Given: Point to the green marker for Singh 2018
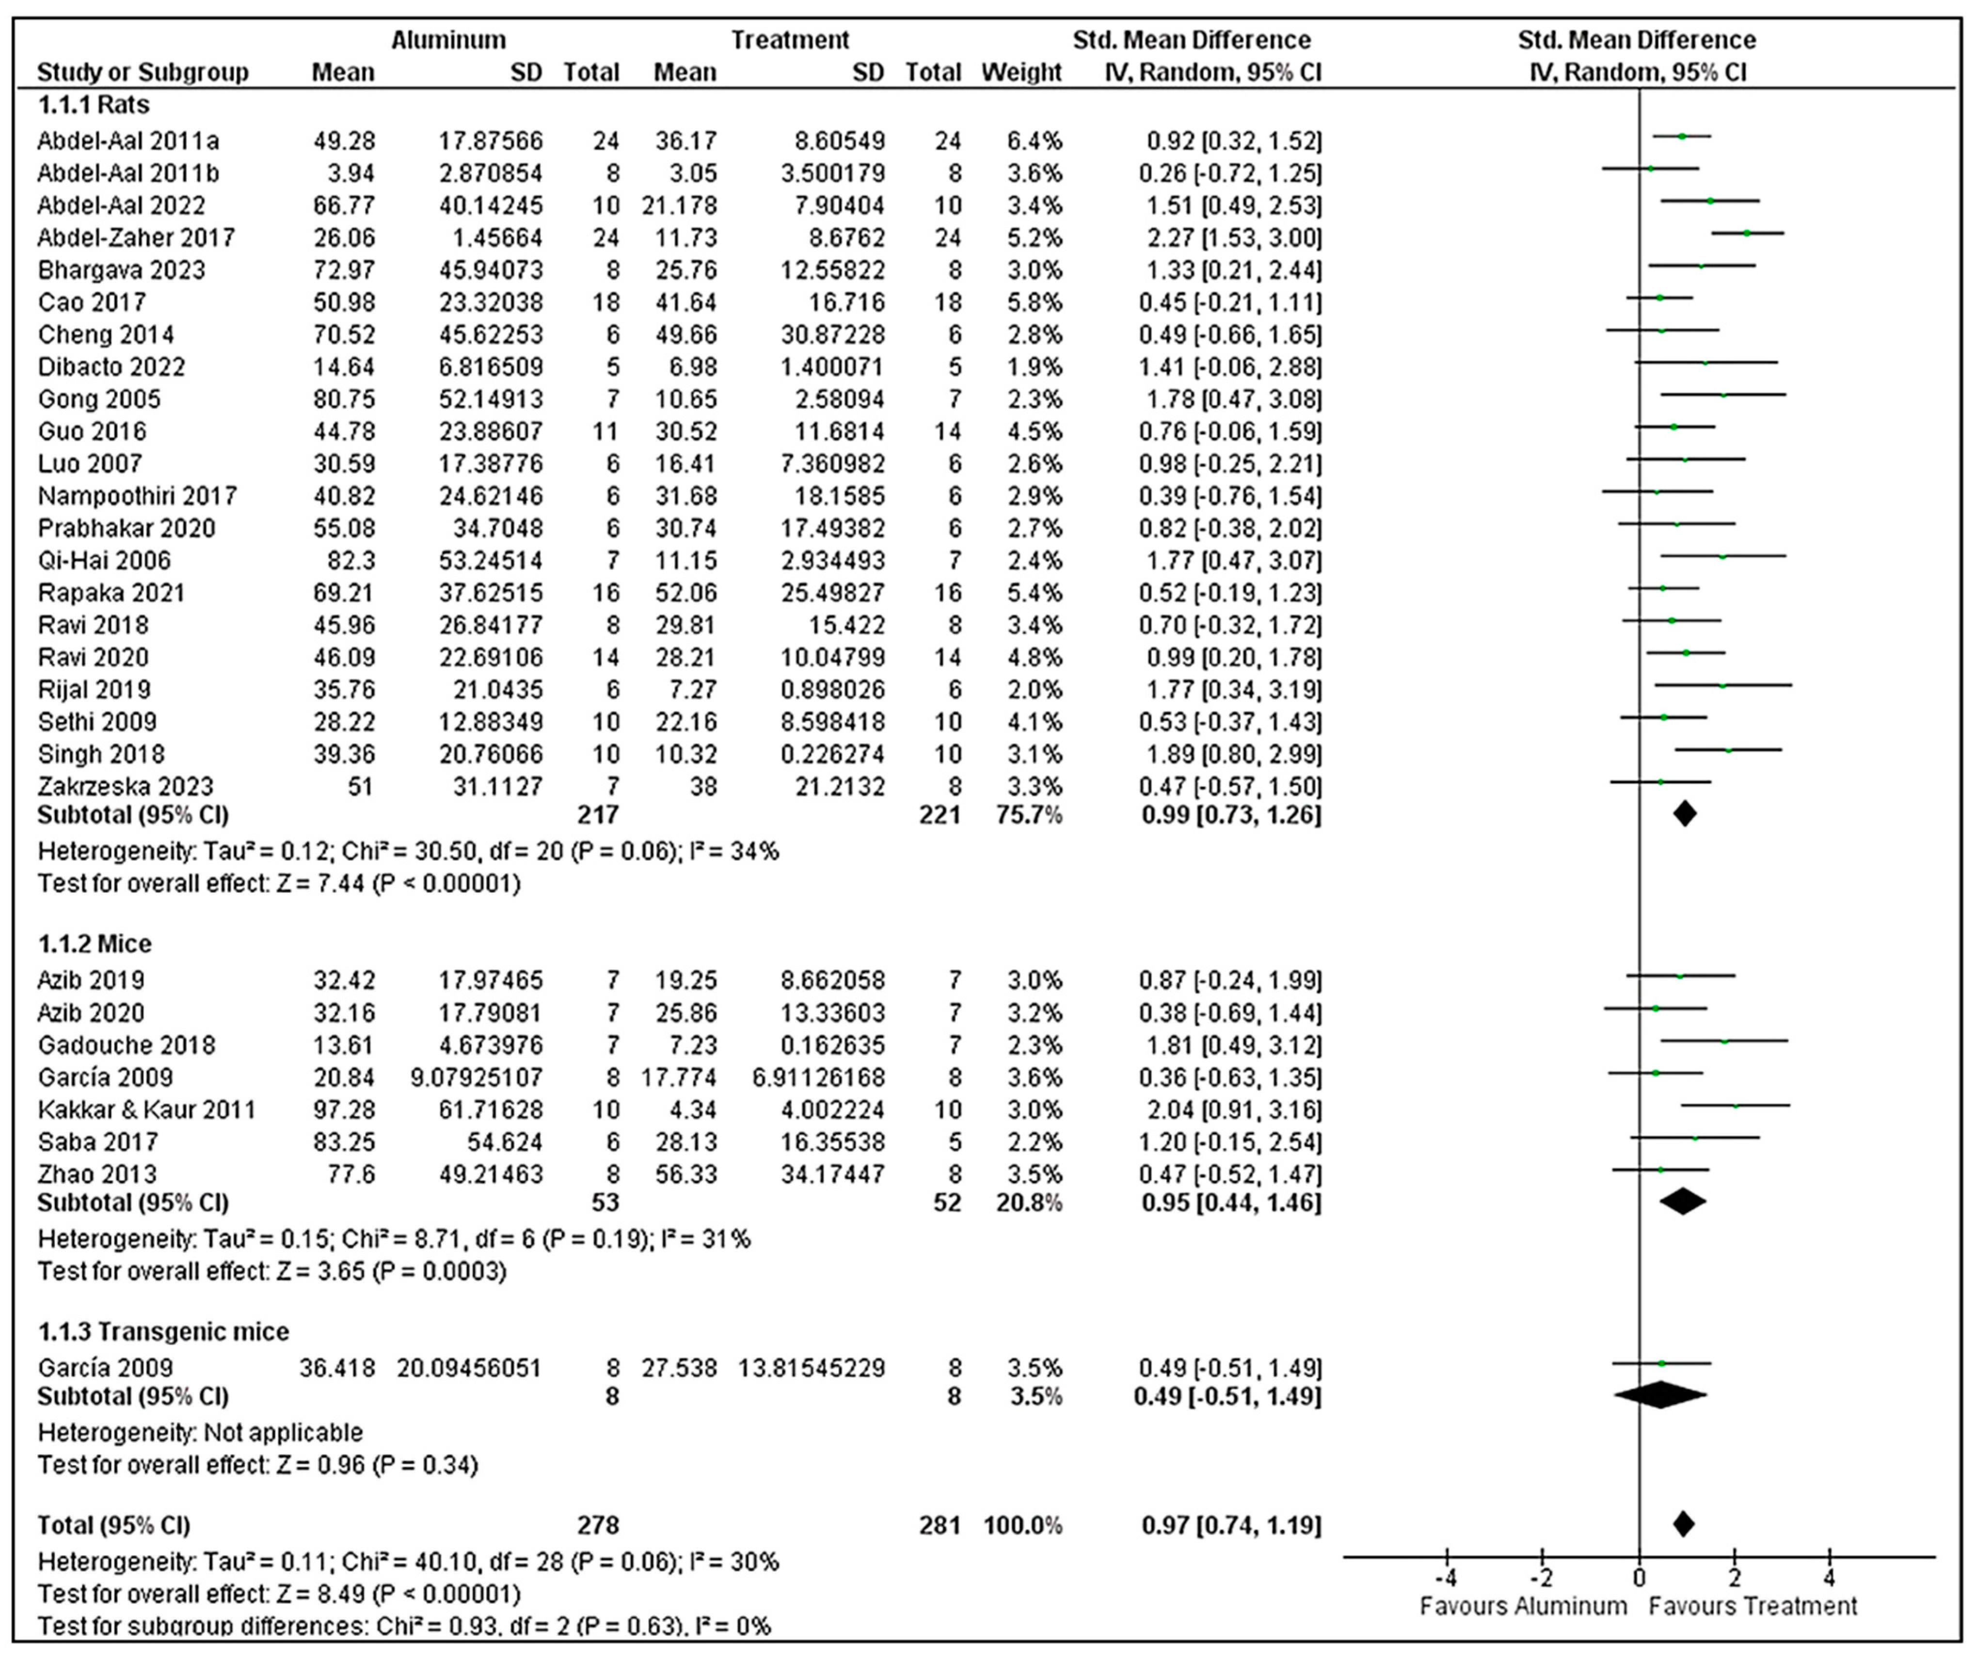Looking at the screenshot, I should click(1728, 750).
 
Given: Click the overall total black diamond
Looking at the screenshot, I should click(1684, 1524).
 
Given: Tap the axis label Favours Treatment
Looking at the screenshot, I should click(1753, 1605).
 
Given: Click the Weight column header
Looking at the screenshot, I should click(1021, 72).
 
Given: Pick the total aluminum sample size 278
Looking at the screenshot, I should click(598, 1524).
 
